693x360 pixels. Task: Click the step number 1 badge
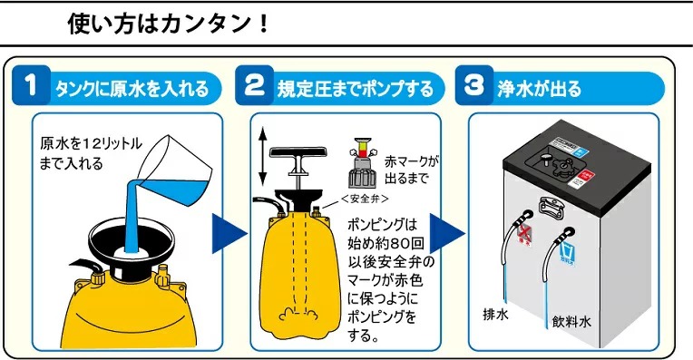click(x=31, y=88)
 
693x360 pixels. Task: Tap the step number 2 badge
click(x=256, y=88)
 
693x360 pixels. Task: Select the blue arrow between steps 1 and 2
click(x=228, y=233)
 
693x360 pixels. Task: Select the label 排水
click(x=496, y=316)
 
